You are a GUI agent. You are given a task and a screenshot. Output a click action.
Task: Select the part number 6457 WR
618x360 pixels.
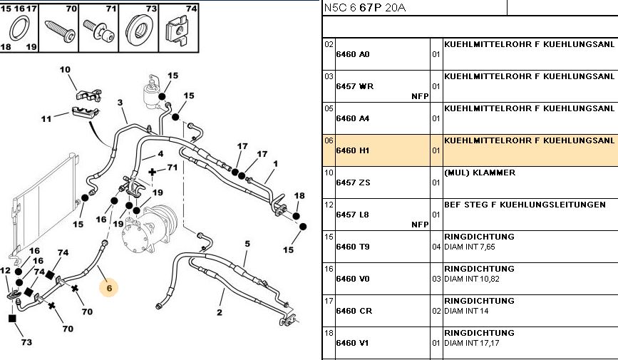[354, 86]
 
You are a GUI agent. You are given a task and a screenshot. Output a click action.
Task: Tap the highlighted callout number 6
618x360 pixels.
[109, 288]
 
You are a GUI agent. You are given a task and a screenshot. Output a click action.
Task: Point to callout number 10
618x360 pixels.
[65, 70]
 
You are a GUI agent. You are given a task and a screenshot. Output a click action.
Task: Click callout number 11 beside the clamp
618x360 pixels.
[46, 118]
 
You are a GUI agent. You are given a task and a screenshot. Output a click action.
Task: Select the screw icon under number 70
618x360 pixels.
[58, 29]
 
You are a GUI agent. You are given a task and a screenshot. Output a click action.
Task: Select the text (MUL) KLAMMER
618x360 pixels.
[479, 173]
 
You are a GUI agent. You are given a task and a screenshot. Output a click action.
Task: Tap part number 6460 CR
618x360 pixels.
[354, 311]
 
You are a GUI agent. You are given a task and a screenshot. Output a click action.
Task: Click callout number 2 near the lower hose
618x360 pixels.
[220, 312]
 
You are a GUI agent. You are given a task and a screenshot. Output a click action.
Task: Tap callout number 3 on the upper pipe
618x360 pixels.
[121, 103]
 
